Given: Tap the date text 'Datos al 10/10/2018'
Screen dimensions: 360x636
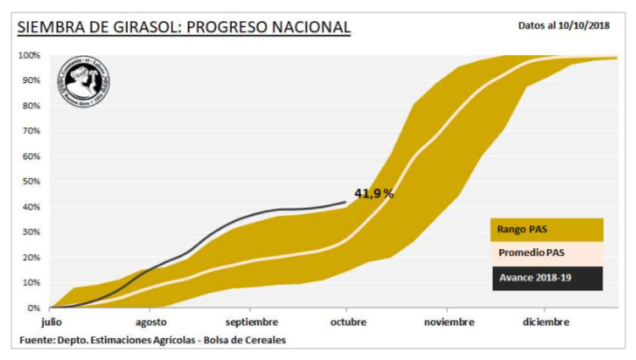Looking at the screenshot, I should click(564, 25).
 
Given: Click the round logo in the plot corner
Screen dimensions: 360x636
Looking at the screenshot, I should click(82, 83).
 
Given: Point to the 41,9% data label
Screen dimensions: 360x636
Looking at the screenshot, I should click(373, 193).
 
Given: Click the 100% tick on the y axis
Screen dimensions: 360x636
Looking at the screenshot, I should click(29, 56).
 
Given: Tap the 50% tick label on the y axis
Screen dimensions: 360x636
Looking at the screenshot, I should click(30, 182).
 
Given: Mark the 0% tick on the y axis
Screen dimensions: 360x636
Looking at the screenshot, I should click(33, 308).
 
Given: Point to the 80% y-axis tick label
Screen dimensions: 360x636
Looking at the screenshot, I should click(30, 106).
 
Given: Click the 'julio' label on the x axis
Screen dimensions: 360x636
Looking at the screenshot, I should click(52, 322).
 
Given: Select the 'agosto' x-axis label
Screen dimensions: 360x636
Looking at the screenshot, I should click(151, 322).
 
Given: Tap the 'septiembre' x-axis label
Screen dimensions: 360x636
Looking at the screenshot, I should click(252, 322).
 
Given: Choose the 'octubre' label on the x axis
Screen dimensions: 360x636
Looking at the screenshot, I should click(348, 322).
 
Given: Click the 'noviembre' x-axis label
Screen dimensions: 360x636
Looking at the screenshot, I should click(449, 322).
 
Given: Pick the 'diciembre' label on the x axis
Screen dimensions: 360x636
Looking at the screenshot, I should click(545, 322).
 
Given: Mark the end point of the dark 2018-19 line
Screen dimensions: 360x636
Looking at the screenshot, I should click(345, 202).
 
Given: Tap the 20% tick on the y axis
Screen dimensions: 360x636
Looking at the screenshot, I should click(30, 258).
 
